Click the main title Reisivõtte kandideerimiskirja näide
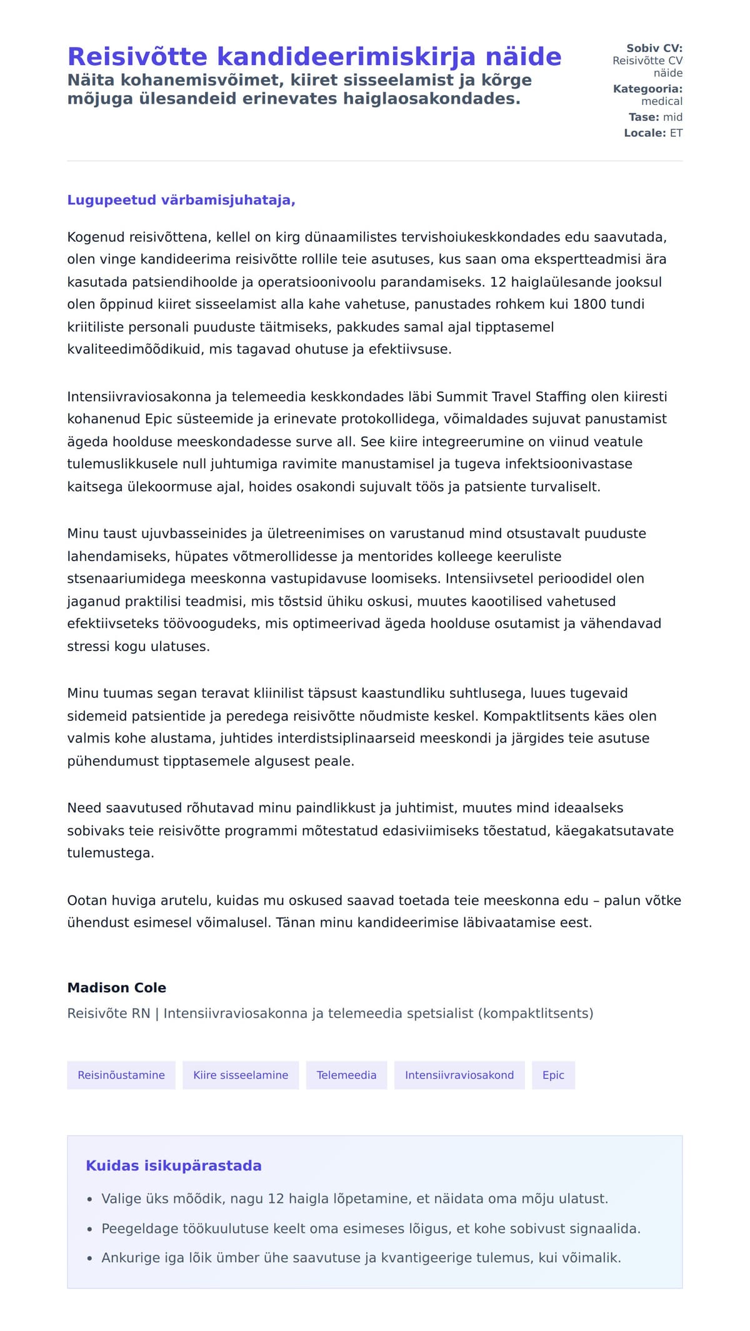(x=314, y=56)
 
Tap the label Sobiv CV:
(x=654, y=48)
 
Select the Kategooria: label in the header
(x=647, y=89)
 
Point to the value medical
(x=661, y=101)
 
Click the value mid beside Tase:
(x=672, y=117)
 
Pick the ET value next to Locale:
(x=676, y=133)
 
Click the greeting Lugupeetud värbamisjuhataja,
(x=181, y=200)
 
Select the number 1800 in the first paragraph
(x=589, y=304)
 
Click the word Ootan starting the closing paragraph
(x=87, y=900)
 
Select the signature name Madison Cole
(x=117, y=988)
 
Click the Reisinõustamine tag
(x=121, y=1075)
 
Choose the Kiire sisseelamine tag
(x=241, y=1075)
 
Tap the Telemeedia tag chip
(x=346, y=1075)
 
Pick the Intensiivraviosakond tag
(x=459, y=1075)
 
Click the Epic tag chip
(x=553, y=1075)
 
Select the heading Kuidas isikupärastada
(x=174, y=1165)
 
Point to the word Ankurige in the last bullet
(x=131, y=1258)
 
